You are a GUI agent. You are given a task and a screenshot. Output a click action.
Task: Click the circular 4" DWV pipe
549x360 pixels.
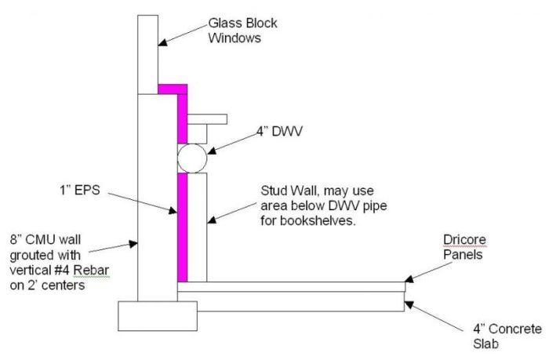pyautogui.click(x=191, y=158)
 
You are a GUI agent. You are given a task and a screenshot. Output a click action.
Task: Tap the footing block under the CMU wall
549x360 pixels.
pyautogui.click(x=157, y=315)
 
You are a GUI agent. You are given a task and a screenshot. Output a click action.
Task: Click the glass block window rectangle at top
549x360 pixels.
pyautogui.click(x=147, y=53)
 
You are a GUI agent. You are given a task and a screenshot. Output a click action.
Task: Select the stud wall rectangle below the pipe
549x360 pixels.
pyautogui.click(x=198, y=227)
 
